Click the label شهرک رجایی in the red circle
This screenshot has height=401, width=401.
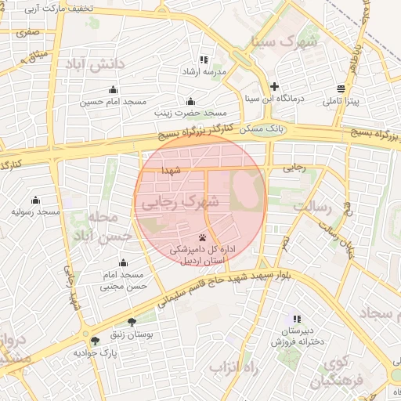pyautogui.click(x=187, y=203)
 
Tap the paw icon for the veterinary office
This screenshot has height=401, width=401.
pyautogui.click(x=203, y=236)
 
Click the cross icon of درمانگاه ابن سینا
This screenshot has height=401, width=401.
pyautogui.click(x=274, y=87)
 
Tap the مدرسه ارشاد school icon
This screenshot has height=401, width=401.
pyautogui.click(x=204, y=60)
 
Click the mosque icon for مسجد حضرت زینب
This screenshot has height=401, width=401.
pyautogui.click(x=190, y=101)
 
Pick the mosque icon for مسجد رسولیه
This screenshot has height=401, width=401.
pyautogui.click(x=35, y=200)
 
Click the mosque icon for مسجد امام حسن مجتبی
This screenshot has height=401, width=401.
pyautogui.click(x=123, y=262)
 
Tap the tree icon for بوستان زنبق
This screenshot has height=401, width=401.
pyautogui.click(x=131, y=321)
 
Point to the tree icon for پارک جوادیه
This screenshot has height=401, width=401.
pyautogui.click(x=95, y=341)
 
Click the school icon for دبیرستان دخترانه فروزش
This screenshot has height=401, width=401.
pyautogui.click(x=296, y=319)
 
